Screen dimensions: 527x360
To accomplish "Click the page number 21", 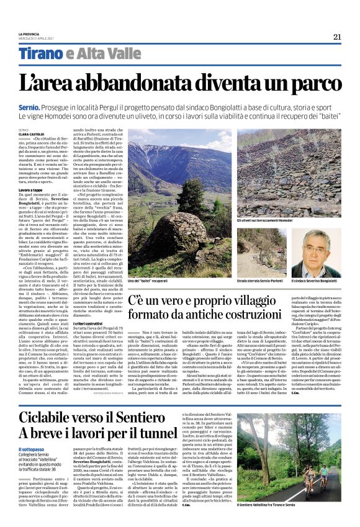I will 337,37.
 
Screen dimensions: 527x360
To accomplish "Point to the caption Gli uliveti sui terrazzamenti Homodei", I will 286,220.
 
